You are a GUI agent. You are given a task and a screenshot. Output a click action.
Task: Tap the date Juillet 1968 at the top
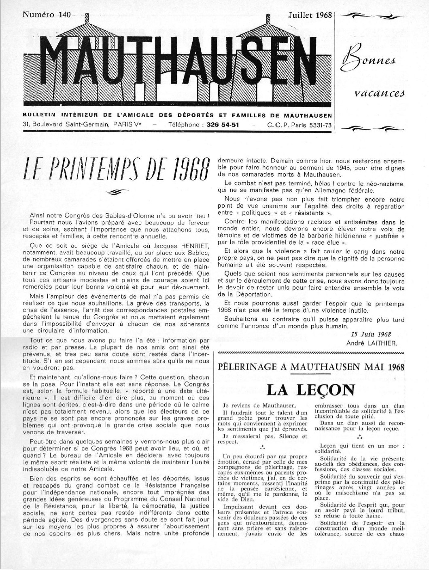click(x=310, y=15)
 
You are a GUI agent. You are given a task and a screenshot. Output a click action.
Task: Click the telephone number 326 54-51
click(x=223, y=125)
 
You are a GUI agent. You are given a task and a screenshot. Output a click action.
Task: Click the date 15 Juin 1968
click(x=370, y=334)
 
